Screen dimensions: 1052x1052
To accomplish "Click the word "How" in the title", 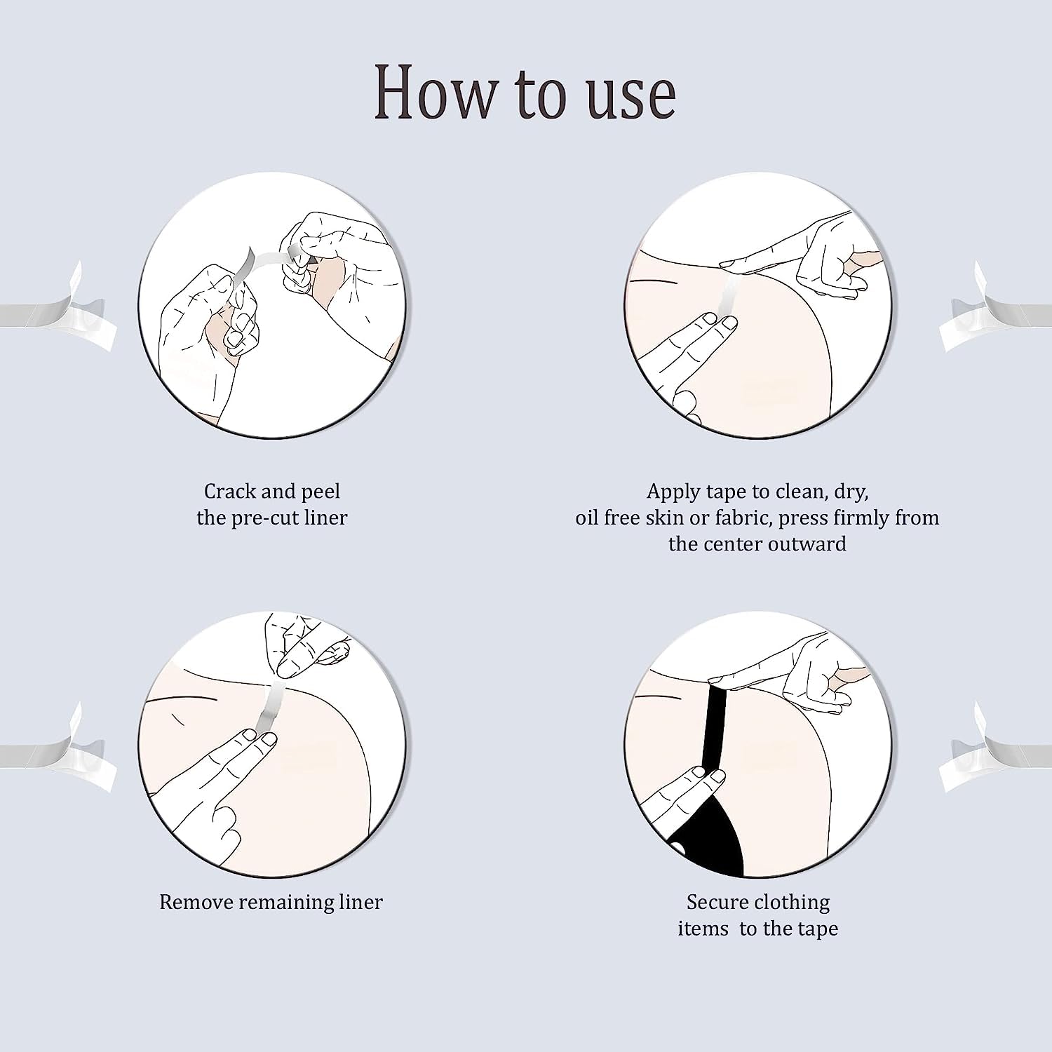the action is click(433, 91).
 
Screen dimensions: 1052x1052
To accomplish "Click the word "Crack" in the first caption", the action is click(230, 491).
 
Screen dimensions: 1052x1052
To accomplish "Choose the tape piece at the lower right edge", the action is click(999, 747).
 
